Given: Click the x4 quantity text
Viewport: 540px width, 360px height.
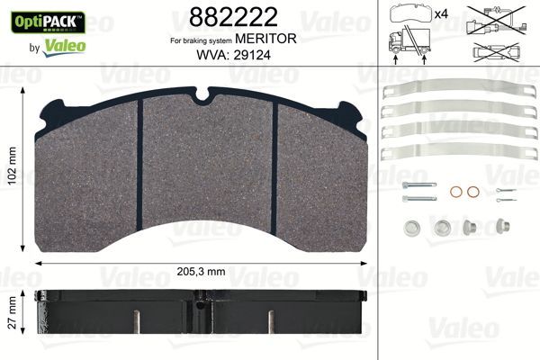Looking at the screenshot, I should tap(441, 14).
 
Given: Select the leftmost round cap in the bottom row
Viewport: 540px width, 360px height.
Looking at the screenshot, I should tap(410, 227).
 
